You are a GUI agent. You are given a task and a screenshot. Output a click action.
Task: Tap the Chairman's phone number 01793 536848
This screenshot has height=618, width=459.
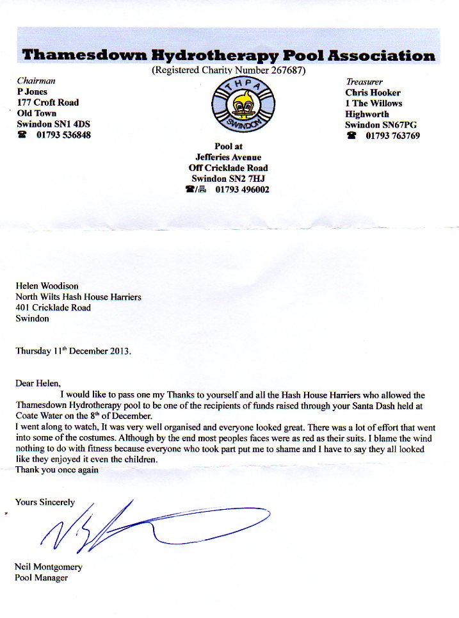(x=63, y=135)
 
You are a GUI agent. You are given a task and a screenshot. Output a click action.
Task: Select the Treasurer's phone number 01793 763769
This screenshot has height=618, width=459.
(x=392, y=136)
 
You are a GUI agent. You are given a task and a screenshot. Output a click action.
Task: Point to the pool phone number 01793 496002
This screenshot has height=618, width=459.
(x=242, y=190)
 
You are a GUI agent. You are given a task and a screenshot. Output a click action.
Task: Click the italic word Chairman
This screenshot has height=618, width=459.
(x=36, y=81)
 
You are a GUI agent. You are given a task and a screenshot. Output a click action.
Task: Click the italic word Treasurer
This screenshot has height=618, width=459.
(x=364, y=82)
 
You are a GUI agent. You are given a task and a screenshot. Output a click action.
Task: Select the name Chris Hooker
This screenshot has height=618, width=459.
(x=373, y=92)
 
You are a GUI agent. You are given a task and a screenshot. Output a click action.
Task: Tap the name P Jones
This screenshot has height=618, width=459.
(x=32, y=92)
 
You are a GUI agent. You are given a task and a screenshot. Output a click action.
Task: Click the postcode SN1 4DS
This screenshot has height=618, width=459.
(x=70, y=124)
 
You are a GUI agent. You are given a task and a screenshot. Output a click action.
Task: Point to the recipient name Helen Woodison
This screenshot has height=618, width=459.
(x=47, y=286)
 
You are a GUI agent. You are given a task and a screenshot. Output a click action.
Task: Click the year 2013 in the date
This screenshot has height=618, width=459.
(x=119, y=351)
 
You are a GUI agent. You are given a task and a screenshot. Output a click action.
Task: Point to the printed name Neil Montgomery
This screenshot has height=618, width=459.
(x=49, y=567)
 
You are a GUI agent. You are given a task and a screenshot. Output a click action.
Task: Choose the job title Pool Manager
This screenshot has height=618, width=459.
(x=42, y=578)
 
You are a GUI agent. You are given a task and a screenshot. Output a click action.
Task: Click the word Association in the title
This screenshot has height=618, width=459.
(x=382, y=55)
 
